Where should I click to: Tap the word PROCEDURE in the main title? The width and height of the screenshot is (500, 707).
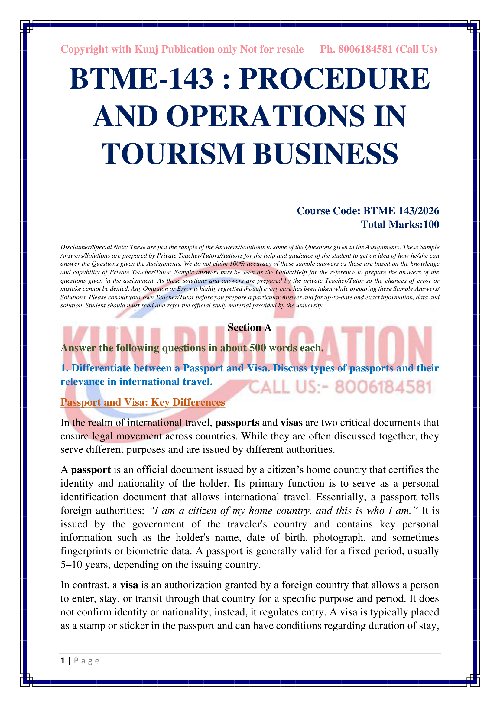coord(334,79)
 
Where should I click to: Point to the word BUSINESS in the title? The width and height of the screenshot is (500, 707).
coord(326,154)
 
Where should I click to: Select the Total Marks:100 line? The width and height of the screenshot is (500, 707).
coord(400,225)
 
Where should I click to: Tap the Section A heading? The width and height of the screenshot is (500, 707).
coord(249,328)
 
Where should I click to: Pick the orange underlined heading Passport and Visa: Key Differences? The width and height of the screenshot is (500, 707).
coord(143,402)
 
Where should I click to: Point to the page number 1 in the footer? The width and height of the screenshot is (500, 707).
coord(63,661)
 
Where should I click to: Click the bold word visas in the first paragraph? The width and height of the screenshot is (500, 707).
coord(291,423)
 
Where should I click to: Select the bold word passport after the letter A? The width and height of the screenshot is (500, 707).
coord(91,470)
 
